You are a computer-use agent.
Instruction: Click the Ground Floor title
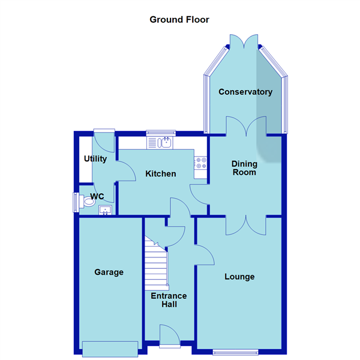point(179,19)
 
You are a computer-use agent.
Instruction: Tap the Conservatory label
point(245,92)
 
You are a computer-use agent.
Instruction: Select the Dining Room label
point(245,168)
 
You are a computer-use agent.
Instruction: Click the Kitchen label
point(161,174)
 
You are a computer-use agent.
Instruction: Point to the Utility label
point(95,159)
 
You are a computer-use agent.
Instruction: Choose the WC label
point(97,196)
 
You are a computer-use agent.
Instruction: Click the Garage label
point(109,272)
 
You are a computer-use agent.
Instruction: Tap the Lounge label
point(239,277)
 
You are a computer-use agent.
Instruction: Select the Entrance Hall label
point(169,300)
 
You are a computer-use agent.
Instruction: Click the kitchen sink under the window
point(160,142)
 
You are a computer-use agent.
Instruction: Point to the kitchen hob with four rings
point(200,164)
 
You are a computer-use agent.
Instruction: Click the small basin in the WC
point(106,210)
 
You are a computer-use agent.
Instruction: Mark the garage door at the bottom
point(110,348)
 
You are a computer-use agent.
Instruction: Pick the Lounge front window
point(236,352)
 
